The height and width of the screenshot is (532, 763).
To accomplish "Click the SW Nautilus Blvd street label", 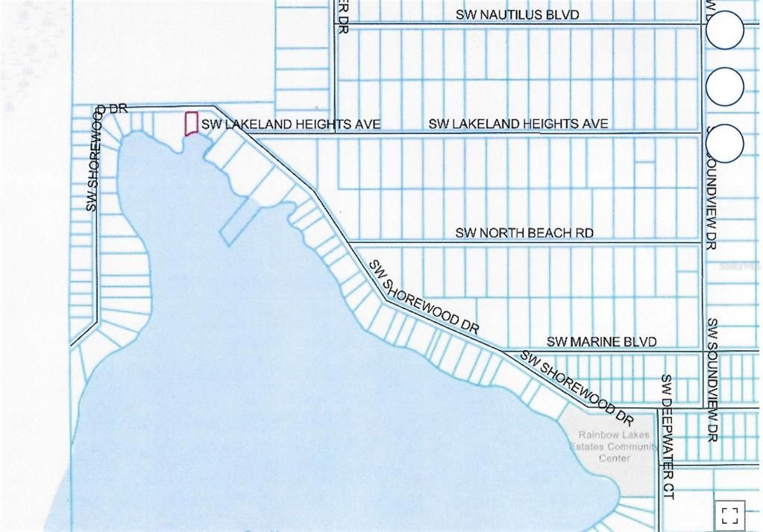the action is pyautogui.click(x=518, y=15).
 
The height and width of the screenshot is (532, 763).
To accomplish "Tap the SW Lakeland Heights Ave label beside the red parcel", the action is pyautogui.click(x=291, y=124).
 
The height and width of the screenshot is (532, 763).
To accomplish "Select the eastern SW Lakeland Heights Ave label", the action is pyautogui.click(x=518, y=123).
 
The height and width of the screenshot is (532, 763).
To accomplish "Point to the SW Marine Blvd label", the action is pyautogui.click(x=602, y=341).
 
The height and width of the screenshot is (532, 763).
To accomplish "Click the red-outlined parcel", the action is pyautogui.click(x=191, y=124).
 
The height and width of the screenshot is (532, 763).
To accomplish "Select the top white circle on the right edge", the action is pyautogui.click(x=724, y=31).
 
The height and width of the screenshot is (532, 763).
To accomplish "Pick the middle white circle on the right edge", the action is pyautogui.click(x=724, y=86).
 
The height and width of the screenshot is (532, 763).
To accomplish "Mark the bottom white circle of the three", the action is pyautogui.click(x=724, y=143).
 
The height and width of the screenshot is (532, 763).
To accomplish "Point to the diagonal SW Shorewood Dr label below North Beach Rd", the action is pyautogui.click(x=424, y=297).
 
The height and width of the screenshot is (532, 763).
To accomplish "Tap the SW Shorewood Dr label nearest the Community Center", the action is pyautogui.click(x=577, y=384).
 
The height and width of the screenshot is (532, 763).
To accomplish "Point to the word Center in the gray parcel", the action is pyautogui.click(x=614, y=457).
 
